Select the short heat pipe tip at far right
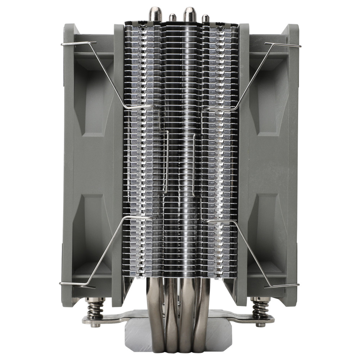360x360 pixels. click(206, 18)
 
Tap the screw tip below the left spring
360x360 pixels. click(95, 325)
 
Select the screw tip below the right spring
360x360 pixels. click(260, 325)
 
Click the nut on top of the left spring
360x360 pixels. click(95, 300)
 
